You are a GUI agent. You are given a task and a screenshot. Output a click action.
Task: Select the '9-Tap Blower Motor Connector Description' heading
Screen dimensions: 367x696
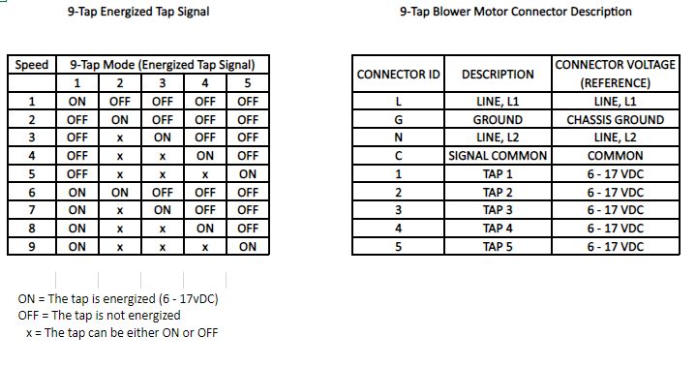pyautogui.click(x=515, y=12)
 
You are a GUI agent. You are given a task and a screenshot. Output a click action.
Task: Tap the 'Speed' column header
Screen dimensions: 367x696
pyautogui.click(x=32, y=65)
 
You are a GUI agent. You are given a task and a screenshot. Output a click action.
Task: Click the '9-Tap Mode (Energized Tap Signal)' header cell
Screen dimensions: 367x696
pyautogui.click(x=162, y=65)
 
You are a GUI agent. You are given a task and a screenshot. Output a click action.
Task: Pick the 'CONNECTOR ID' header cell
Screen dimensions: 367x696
pyautogui.click(x=398, y=74)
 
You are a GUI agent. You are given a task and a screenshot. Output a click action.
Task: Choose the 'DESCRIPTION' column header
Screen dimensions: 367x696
pyautogui.click(x=498, y=74)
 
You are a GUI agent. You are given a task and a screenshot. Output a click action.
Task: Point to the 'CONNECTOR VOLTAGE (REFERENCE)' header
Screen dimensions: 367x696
pyautogui.click(x=615, y=74)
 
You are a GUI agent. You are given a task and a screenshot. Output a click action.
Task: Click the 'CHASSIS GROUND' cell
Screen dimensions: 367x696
pyautogui.click(x=615, y=120)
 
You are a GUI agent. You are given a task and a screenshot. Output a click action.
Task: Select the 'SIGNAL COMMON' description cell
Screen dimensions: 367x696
pyautogui.click(x=498, y=156)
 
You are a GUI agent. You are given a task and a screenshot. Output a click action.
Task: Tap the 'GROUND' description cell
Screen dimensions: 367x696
pyautogui.click(x=498, y=120)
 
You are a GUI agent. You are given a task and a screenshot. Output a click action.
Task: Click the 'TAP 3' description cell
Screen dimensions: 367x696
pyautogui.click(x=498, y=210)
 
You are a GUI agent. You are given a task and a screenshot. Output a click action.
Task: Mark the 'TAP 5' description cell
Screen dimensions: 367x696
pyautogui.click(x=498, y=246)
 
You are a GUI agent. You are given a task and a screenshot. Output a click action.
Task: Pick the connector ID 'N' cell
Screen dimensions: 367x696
pyautogui.click(x=398, y=138)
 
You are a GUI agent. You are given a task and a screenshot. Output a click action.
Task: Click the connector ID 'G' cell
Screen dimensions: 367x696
pyautogui.click(x=398, y=120)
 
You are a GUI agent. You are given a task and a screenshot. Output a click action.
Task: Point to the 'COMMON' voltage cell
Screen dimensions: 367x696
pyautogui.click(x=615, y=156)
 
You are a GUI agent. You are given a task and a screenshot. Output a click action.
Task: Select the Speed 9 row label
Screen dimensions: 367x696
pyautogui.click(x=32, y=246)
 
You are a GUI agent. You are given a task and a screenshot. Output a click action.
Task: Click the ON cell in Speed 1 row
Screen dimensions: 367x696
pyautogui.click(x=77, y=101)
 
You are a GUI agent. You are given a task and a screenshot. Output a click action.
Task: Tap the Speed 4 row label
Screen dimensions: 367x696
pyautogui.click(x=32, y=155)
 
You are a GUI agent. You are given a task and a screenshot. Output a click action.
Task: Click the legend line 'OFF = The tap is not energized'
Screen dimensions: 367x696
pyautogui.click(x=99, y=315)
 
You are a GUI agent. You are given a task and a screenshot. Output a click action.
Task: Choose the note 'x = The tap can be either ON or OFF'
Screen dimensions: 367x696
pyautogui.click(x=121, y=332)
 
